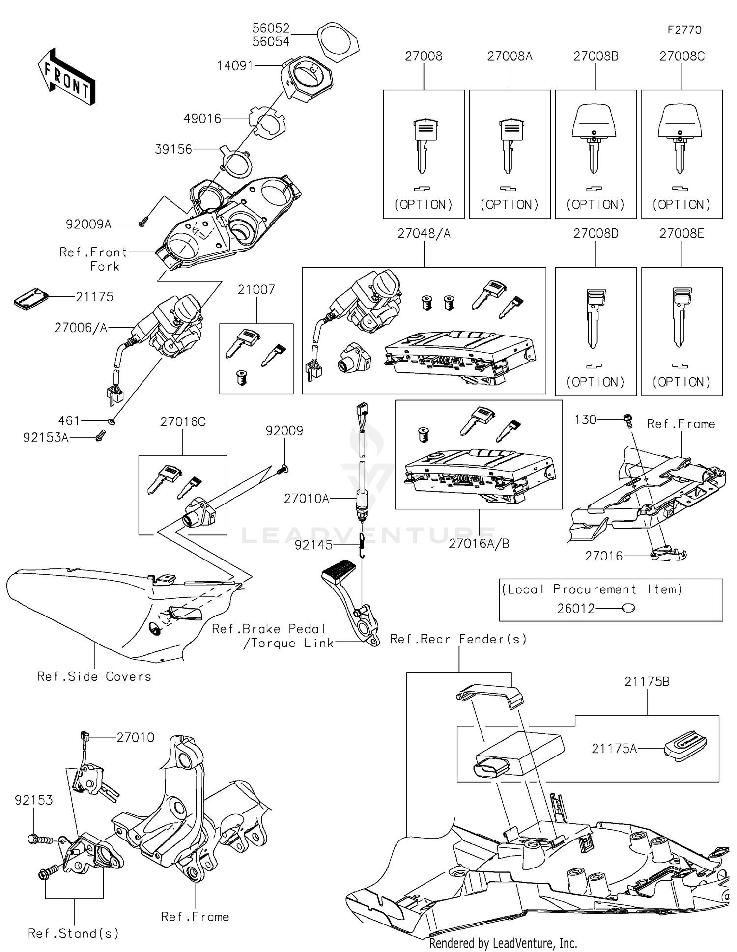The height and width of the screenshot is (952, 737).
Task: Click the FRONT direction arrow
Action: (66, 77)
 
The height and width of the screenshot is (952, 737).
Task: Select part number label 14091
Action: (235, 66)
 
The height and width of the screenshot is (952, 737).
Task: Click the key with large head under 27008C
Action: (680, 137)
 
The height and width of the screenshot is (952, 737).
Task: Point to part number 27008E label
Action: (681, 234)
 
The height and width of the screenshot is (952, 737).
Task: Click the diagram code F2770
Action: (684, 30)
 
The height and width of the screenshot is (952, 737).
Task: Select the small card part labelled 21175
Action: (31, 299)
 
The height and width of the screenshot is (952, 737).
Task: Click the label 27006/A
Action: (81, 328)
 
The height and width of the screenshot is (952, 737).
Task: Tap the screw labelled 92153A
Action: (101, 435)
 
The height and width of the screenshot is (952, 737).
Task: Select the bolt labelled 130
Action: (627, 420)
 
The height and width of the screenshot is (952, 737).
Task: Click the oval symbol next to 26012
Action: (628, 608)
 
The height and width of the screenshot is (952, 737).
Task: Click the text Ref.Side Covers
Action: (94, 676)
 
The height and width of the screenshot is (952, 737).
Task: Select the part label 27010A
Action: (306, 499)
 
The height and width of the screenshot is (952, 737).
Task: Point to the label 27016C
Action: (183, 422)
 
